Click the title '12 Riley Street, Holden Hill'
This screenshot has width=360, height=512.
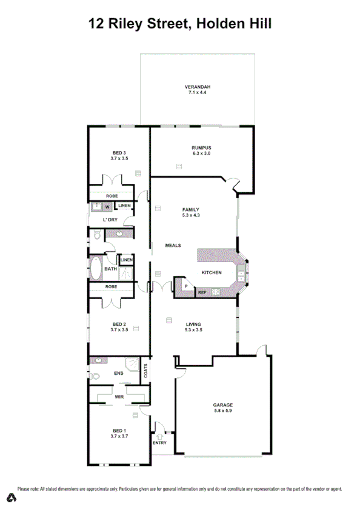(x=180, y=24)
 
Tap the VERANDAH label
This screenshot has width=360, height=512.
(x=198, y=86)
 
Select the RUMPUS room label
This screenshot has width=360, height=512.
(x=201, y=147)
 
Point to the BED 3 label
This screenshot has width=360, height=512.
(x=119, y=152)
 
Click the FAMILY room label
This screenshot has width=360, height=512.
(x=191, y=209)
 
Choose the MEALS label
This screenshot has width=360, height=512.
(x=174, y=246)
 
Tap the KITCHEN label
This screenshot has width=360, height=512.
(x=212, y=272)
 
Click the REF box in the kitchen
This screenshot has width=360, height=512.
(x=202, y=293)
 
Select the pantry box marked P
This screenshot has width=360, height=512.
(x=185, y=286)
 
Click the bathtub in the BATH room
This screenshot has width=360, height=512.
(x=96, y=268)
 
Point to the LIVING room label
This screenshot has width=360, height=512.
(x=193, y=325)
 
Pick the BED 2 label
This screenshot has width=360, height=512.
(x=119, y=324)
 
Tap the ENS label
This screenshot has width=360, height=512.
(x=119, y=373)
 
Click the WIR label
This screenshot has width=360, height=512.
(x=119, y=397)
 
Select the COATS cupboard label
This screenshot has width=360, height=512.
(x=145, y=369)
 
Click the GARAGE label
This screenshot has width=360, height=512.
(x=222, y=405)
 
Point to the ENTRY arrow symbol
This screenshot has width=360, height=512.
(x=159, y=435)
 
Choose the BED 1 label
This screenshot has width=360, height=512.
(x=119, y=429)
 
